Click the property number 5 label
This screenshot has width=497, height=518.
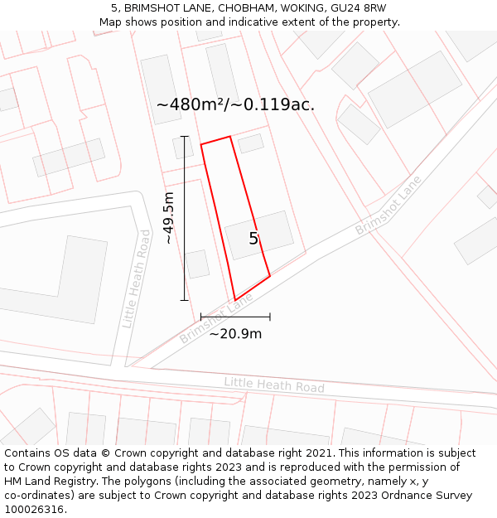pyautogui.click(x=253, y=239)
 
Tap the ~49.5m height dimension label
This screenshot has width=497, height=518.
pyautogui.click(x=168, y=218)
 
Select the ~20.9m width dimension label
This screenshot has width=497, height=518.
pyautogui.click(x=235, y=334)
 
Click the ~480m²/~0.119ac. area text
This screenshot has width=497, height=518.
pyautogui.click(x=235, y=105)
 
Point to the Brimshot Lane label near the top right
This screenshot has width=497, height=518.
pyautogui.click(x=388, y=205)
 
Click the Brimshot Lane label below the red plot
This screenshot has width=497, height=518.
pyautogui.click(x=216, y=322)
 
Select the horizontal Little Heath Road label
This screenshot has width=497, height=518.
pyautogui.click(x=274, y=385)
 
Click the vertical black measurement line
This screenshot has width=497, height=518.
pyautogui.click(x=185, y=218)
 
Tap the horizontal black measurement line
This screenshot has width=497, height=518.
pyautogui.click(x=235, y=317)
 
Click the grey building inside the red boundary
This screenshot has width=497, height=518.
pyautogui.click(x=259, y=235)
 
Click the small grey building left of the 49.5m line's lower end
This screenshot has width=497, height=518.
pyautogui.click(x=197, y=264)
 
